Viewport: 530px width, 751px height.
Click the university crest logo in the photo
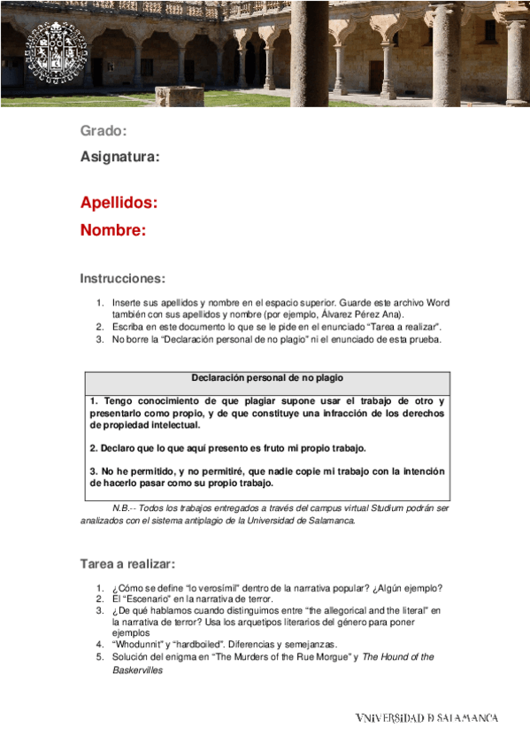coord(56,56)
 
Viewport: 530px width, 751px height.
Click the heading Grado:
coord(104,131)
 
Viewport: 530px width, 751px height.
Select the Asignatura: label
coord(119,157)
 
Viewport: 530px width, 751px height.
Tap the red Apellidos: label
coord(119,202)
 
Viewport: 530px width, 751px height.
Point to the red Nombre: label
coord(112,230)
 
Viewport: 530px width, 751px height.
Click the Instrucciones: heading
coord(122,278)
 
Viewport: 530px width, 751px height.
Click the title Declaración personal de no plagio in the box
coord(267,378)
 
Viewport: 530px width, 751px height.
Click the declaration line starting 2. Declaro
coord(227,447)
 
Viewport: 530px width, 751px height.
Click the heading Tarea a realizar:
coord(127,563)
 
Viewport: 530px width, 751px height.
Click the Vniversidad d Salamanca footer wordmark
coord(426,717)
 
